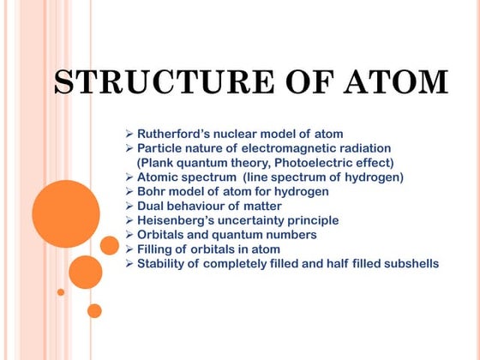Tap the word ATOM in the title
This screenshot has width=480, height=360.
[x=396, y=82]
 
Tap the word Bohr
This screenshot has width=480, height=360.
[x=153, y=192]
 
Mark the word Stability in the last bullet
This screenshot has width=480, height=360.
[x=162, y=264]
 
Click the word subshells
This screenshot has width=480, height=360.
[x=406, y=264]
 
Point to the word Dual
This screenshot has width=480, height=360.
[x=153, y=206]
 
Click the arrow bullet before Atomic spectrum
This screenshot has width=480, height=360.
[x=129, y=177]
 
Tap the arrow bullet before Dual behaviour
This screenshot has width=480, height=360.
[x=129, y=206]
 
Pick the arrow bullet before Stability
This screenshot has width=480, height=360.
[x=129, y=264]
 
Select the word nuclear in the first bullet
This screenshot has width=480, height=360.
[x=248, y=134]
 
